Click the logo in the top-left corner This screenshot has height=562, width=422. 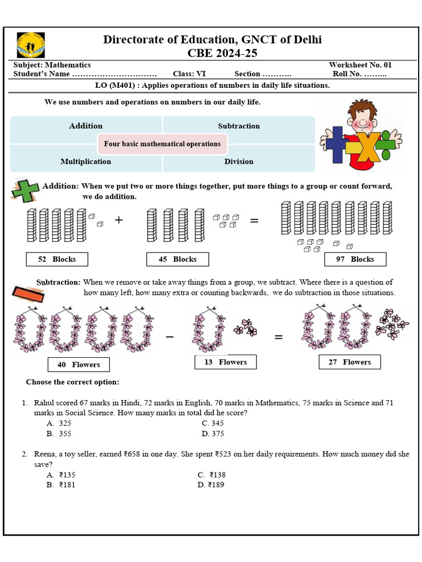coord(31,45)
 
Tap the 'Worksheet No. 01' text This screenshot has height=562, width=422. coord(360,65)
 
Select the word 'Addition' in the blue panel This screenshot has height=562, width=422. coord(86,126)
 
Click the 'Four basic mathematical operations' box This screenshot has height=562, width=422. coord(162,144)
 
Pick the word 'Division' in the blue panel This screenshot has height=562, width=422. coord(238,161)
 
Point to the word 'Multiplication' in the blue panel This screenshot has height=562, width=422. coord(86,161)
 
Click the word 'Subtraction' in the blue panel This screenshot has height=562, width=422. coord(238,126)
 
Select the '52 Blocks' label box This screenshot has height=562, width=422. coord(57,259)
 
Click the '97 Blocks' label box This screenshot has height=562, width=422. coord(355,259)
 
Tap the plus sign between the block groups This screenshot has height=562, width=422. coord(119,220)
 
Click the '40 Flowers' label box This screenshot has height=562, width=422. coord(78,364)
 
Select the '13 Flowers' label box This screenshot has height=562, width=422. coord(225,362)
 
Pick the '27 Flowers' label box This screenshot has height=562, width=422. coord(349,362)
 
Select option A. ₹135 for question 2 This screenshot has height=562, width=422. coord(61,475)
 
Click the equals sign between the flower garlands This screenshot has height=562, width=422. coord(279,337)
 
